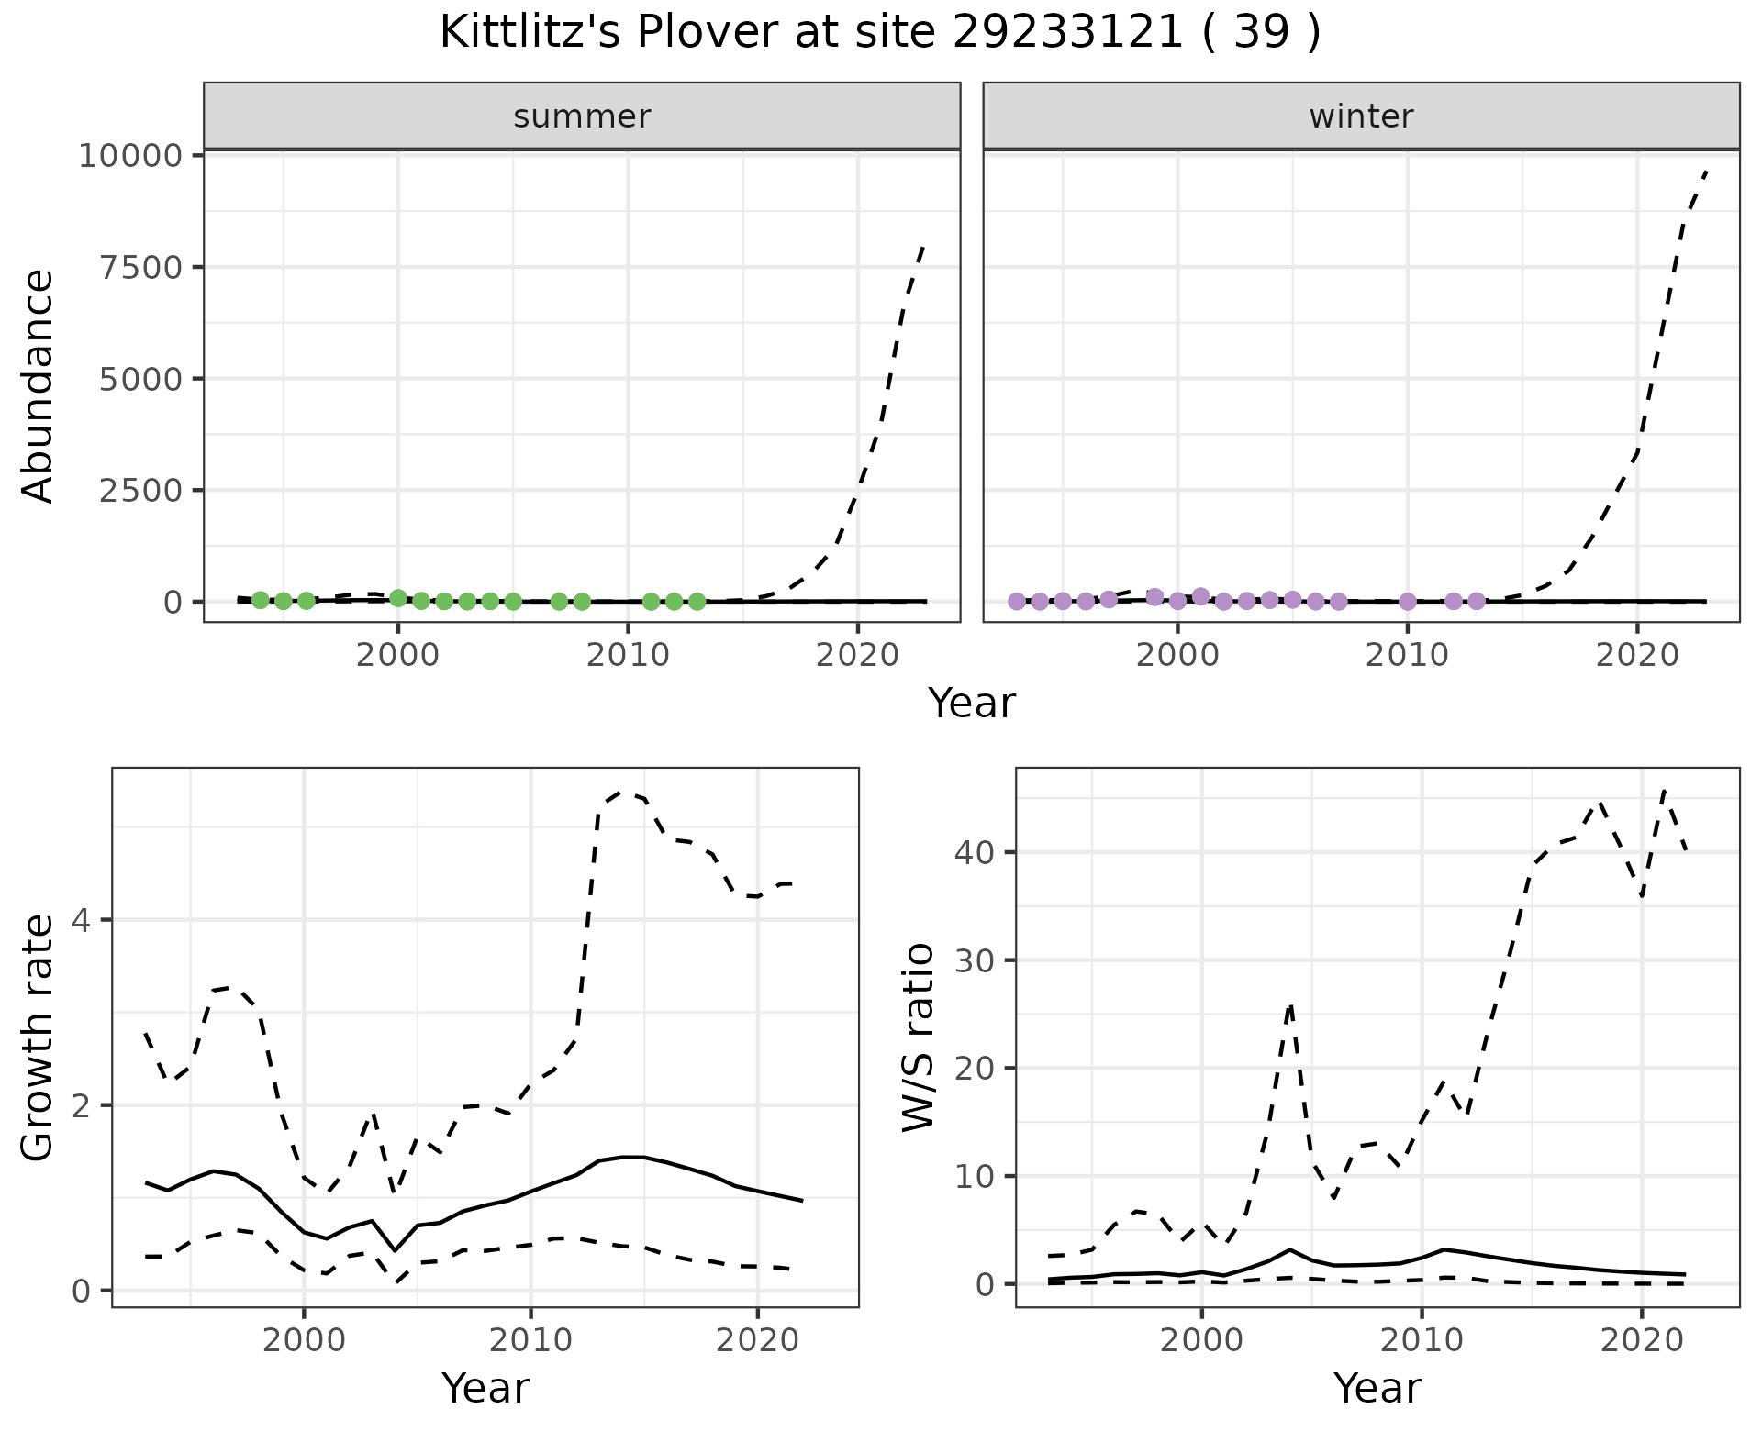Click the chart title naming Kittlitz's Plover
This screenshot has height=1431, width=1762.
coord(880,34)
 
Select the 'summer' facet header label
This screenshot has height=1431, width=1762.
coord(582,116)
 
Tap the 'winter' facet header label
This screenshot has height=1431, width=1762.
coord(1361,116)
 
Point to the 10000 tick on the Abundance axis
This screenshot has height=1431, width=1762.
coord(130,156)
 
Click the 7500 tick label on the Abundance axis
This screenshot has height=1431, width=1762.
coord(139,268)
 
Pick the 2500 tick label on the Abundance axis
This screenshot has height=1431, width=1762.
coord(139,491)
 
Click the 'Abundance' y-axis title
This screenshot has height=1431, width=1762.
coord(39,385)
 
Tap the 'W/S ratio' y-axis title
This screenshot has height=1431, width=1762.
coord(918,1037)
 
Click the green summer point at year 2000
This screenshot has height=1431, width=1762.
coord(398,598)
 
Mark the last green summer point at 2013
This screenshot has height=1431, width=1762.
coord(697,602)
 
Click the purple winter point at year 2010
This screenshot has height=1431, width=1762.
coord(1407,602)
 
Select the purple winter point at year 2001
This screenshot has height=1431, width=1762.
coord(1200,596)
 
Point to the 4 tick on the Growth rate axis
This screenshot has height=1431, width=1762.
coord(81,921)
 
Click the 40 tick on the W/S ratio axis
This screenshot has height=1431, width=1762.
coord(976,853)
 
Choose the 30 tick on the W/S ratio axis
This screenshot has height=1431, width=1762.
coord(976,961)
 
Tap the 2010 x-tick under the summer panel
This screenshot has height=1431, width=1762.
coord(628,655)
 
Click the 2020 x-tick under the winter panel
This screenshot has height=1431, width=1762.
coord(1636,655)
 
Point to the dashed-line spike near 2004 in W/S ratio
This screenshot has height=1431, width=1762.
coord(1290,1006)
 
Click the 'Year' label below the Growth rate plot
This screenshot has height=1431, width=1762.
coord(485,1388)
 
